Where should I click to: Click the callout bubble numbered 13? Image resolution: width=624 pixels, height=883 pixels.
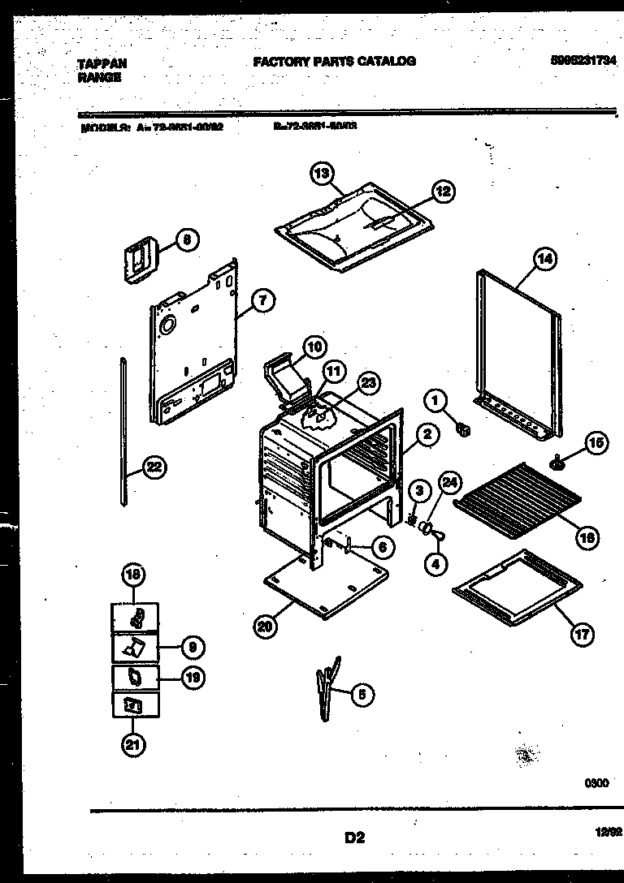coord(322,172)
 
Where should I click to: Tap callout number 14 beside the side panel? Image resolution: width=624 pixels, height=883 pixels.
coord(544,261)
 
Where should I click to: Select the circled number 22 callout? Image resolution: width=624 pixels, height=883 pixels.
coord(152,466)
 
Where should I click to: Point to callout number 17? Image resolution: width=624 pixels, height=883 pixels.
coord(582,634)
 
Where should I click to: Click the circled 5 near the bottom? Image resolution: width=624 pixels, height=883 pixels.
coord(363,694)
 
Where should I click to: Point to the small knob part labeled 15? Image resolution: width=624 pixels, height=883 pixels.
coord(557,463)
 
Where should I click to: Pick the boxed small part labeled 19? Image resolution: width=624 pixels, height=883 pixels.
coord(135,676)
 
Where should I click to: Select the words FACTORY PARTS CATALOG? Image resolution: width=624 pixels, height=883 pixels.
coord(334,61)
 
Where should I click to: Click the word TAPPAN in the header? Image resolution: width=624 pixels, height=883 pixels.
coord(102,62)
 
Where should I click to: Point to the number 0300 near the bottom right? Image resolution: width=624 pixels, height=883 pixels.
coord(596,783)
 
